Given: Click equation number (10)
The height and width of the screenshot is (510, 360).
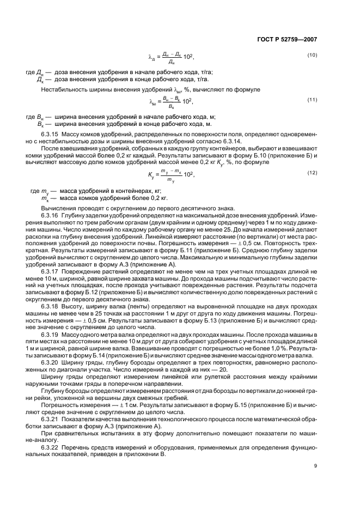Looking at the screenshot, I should [312, 56].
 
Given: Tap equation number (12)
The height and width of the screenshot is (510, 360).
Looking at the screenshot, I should [312, 172].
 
